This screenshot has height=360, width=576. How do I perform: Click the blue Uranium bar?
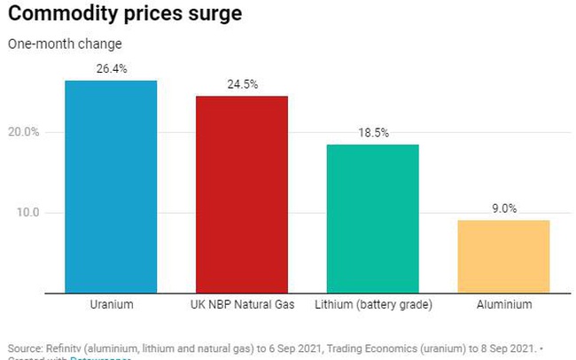click(x=111, y=186)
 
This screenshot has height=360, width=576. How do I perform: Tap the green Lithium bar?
click(x=372, y=218)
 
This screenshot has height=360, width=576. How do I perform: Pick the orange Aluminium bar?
click(x=503, y=256)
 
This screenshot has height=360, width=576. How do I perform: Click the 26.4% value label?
click(x=111, y=69)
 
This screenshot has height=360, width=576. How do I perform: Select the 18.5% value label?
click(x=372, y=132)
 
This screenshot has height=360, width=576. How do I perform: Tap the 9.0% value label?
click(x=503, y=208)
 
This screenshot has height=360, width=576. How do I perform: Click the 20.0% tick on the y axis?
click(x=24, y=133)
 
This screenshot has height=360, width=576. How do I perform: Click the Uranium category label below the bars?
click(x=112, y=305)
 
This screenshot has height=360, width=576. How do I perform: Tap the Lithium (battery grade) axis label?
click(x=373, y=305)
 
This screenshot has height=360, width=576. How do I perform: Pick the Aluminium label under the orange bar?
click(x=503, y=305)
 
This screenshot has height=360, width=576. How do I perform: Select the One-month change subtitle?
click(x=65, y=43)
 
